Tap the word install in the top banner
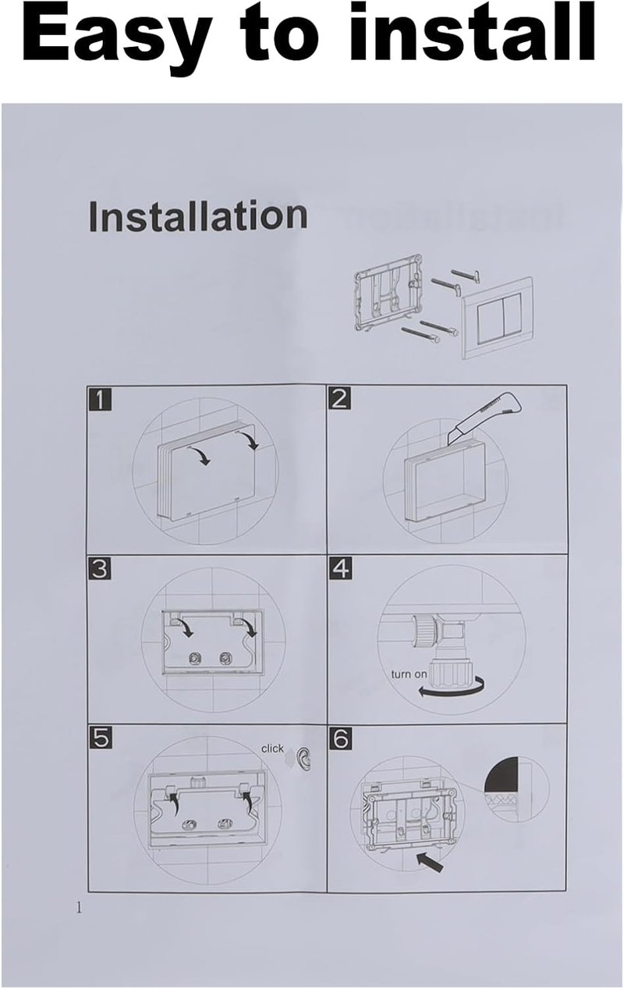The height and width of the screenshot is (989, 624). [x=472, y=32]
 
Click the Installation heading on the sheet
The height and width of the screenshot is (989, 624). [x=197, y=216]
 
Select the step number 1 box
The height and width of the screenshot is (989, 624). [x=99, y=399]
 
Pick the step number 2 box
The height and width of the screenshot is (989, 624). [x=339, y=398]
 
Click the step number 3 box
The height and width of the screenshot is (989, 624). [x=99, y=569]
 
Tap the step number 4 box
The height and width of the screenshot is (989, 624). [x=340, y=569]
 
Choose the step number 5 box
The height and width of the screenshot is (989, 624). [x=100, y=738]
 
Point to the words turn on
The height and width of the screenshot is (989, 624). [x=409, y=674]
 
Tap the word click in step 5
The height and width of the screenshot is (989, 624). [x=272, y=749]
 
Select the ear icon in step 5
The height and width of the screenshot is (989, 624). [x=303, y=759]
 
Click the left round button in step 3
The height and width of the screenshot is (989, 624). [x=193, y=658]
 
